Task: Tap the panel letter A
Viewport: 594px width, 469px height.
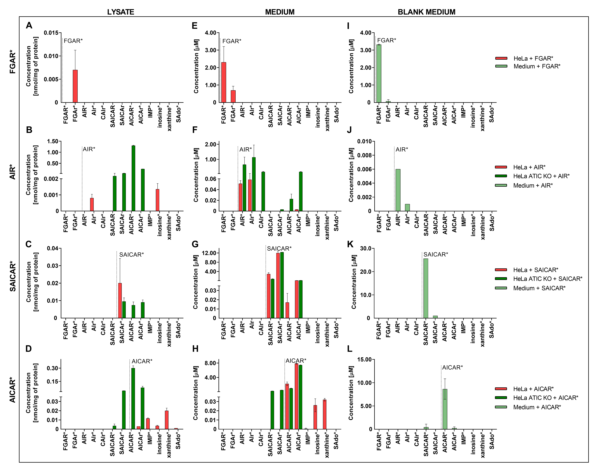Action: [29, 26]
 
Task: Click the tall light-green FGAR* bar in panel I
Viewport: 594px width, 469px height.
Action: [379, 74]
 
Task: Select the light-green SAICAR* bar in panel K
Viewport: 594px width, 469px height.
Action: [426, 288]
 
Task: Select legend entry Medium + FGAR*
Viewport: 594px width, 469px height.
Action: [537, 66]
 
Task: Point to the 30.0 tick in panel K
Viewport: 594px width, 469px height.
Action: [365, 248]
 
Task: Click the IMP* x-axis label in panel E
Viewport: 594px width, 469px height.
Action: [308, 111]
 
